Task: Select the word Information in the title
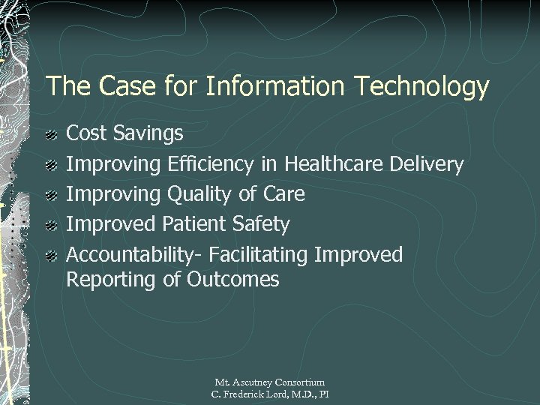click(266, 87)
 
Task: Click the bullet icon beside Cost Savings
click(50, 136)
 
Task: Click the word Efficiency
click(212, 165)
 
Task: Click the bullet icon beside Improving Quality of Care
click(50, 196)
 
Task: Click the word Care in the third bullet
click(284, 194)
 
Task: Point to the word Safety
click(263, 225)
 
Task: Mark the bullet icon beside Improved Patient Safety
click(50, 226)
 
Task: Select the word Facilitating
click(259, 255)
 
